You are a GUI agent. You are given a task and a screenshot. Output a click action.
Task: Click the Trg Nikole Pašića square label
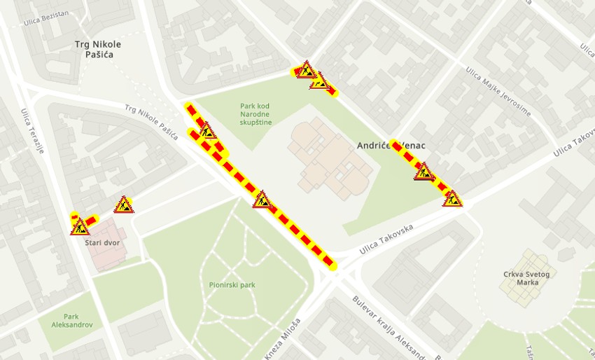[x=98, y=49]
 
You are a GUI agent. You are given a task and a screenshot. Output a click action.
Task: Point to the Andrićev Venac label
[x=391, y=146]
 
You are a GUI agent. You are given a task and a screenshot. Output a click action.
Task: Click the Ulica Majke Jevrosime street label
[x=498, y=91]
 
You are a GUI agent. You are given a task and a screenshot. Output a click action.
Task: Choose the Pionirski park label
[x=232, y=285]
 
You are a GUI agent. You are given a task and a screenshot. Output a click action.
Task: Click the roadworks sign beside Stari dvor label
[x=80, y=226]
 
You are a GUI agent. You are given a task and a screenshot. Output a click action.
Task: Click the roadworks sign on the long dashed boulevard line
[x=262, y=200]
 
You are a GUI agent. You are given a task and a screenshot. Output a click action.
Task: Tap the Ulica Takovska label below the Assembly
[x=386, y=240]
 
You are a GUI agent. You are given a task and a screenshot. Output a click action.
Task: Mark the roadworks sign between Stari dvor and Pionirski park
[x=124, y=205]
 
